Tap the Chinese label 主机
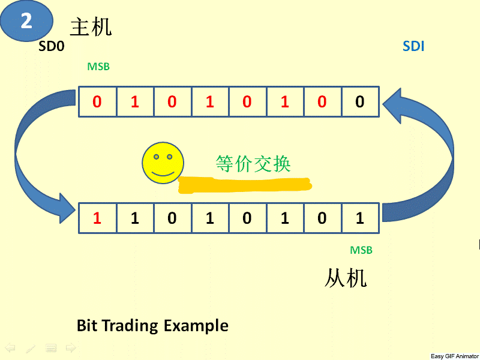91,27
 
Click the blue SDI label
413,46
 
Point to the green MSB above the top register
98,67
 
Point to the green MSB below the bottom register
361,250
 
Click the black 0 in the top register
359,102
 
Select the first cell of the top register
97,102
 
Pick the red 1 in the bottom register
97,218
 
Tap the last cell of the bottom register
359,218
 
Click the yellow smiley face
161,163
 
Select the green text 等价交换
253,163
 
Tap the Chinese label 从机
346,278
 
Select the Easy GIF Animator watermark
454,356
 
